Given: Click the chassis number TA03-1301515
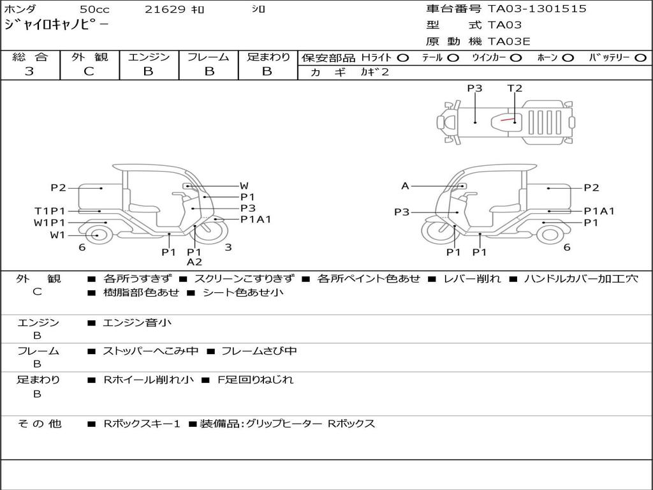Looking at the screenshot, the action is pos(537,9).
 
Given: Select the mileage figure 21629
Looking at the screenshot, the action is pos(165,9).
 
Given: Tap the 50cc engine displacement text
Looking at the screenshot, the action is pos(94,9).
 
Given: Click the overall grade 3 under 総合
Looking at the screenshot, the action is pos(29,71).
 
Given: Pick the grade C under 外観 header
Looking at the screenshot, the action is pos(89,71).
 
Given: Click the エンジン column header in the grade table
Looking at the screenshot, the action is pos(149,57).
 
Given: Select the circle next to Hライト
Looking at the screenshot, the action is pos(403,58).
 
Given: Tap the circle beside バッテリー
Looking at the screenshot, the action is pos(641,58).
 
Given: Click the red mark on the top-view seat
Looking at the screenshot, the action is pos(507,119).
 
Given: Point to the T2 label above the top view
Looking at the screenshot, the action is pos(515,88).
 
